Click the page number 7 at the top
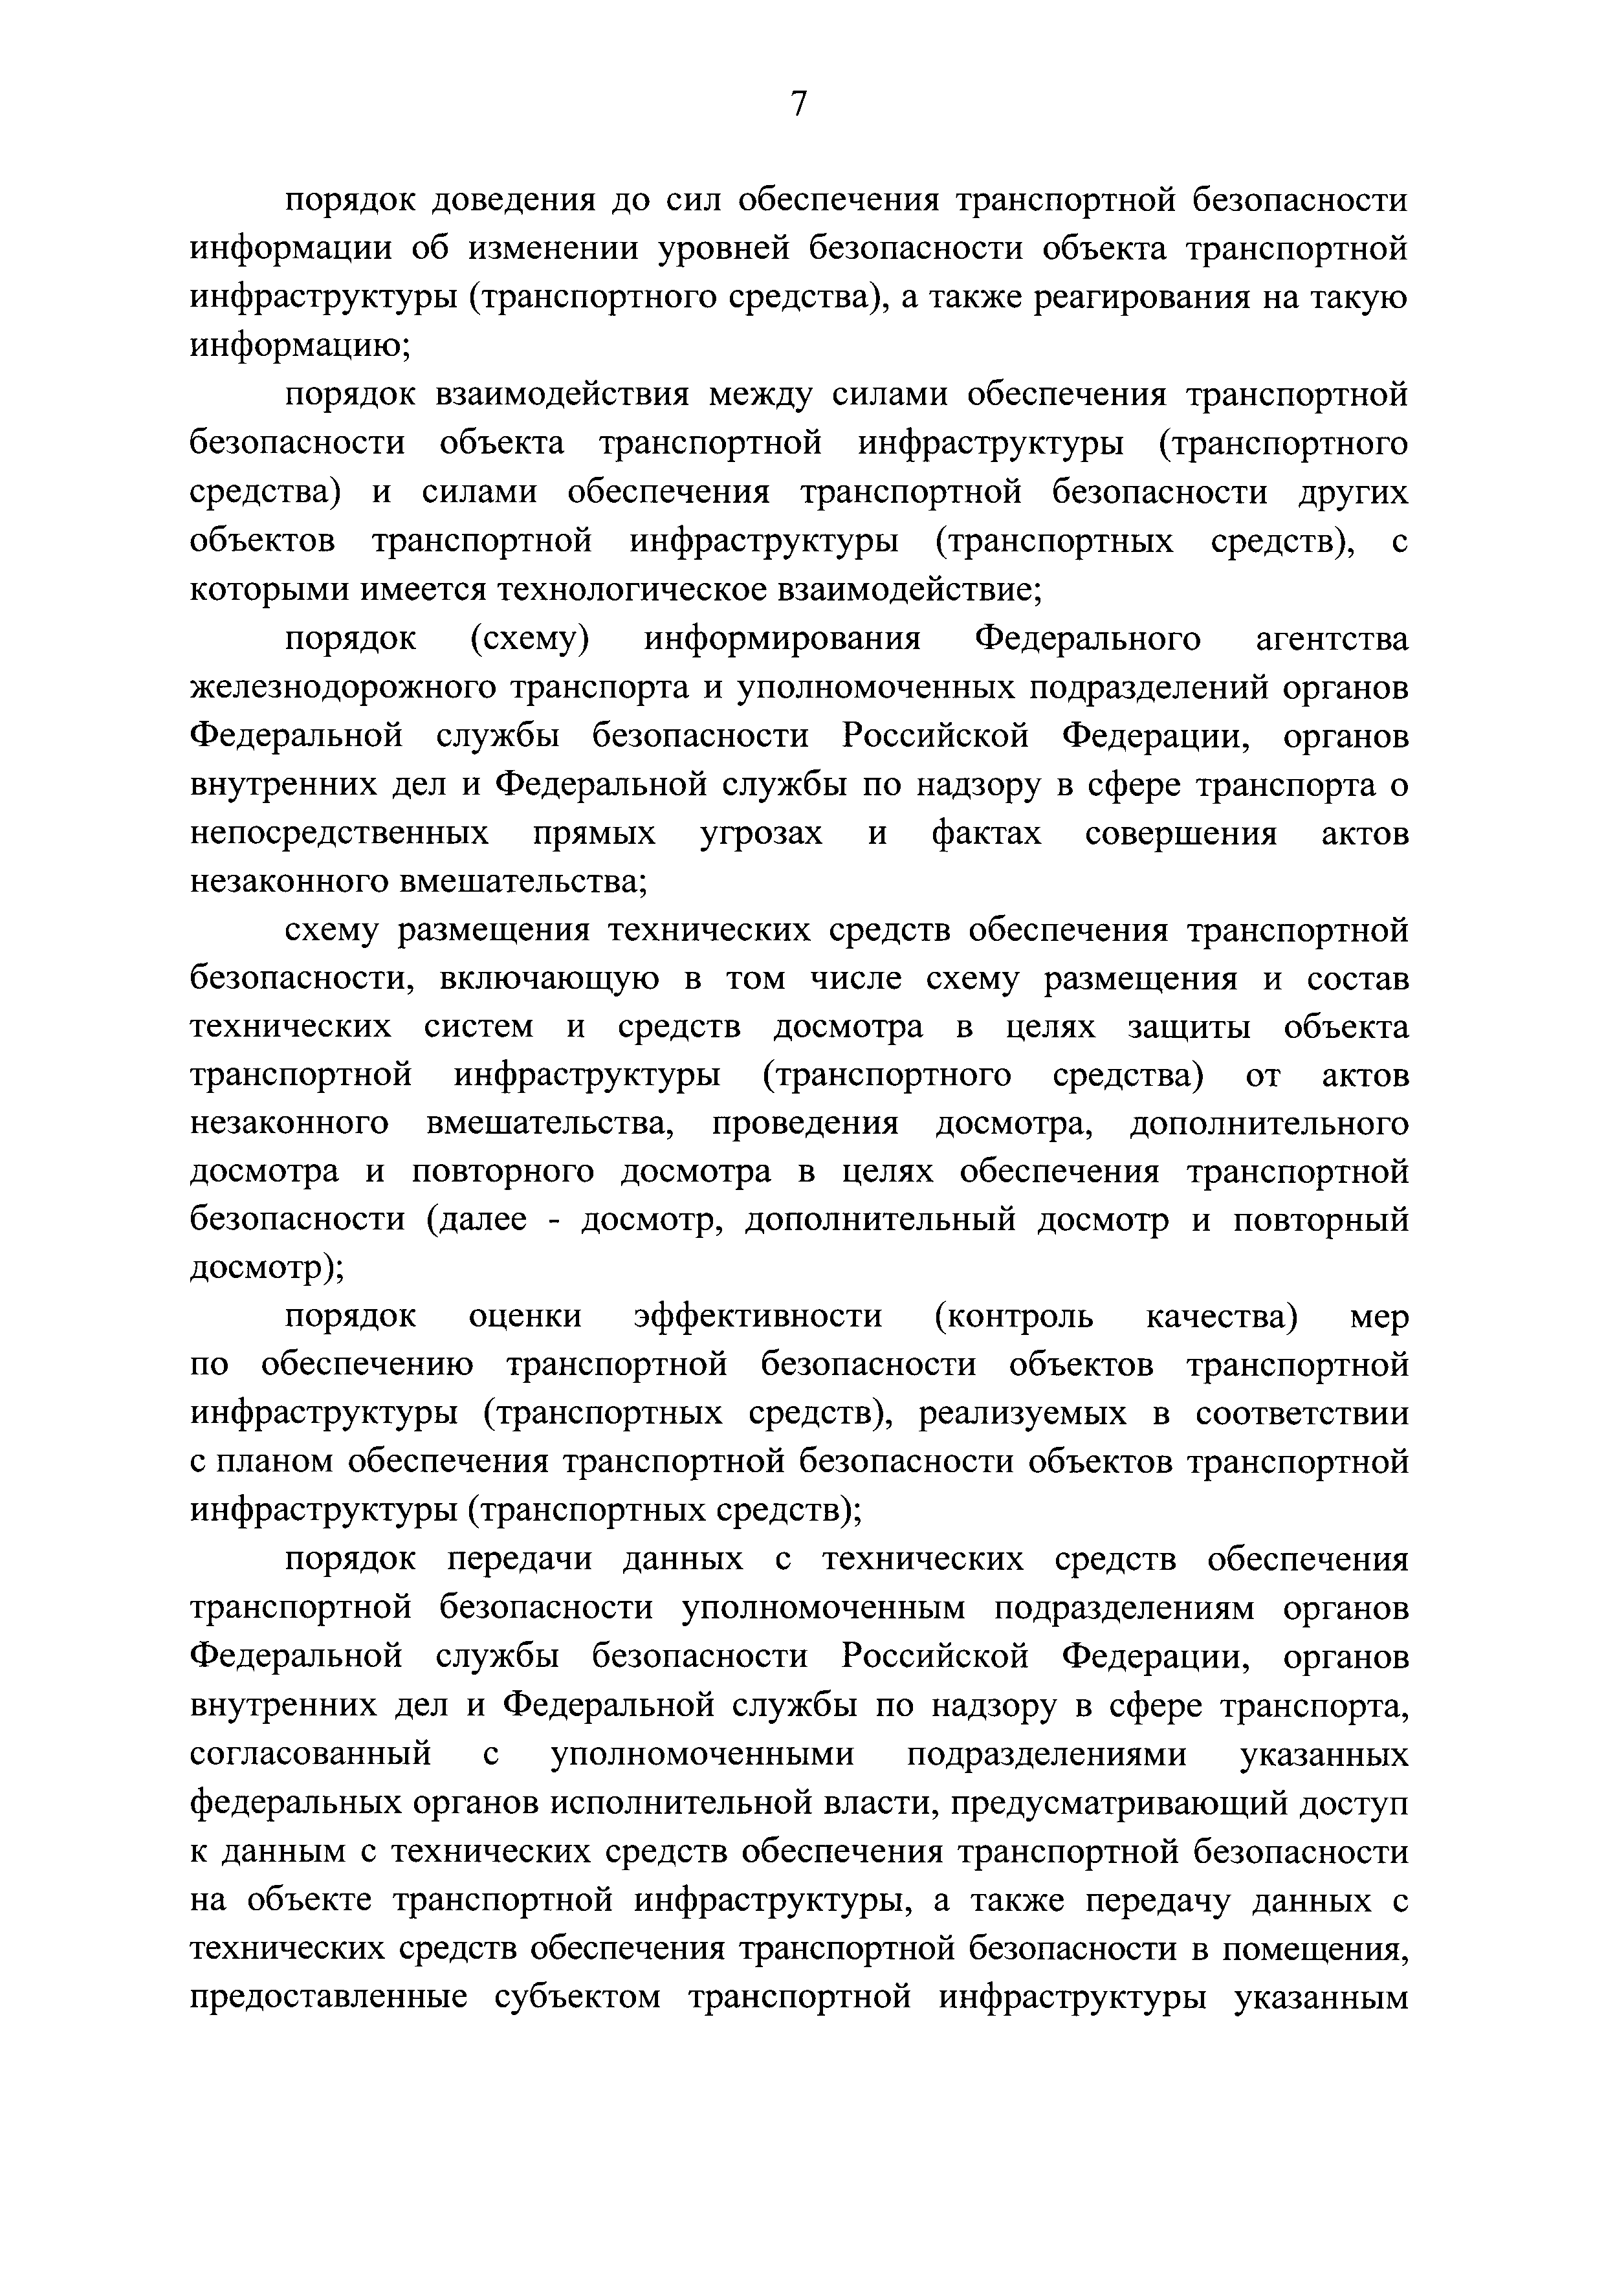800,103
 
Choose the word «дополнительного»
1269,1124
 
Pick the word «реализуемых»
1022,1415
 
